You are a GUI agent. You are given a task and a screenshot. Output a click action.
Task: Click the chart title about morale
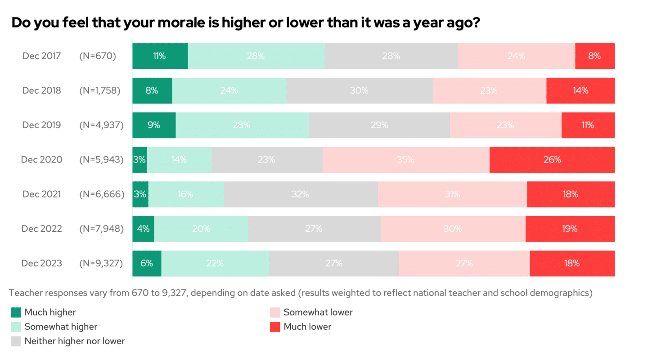pyautogui.click(x=245, y=23)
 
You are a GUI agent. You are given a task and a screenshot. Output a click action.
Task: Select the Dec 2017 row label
pyautogui.click(x=41, y=56)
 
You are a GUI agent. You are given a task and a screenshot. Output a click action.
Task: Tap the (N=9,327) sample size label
pyautogui.click(x=101, y=263)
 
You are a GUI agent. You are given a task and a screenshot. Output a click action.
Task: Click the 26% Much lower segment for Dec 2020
pyautogui.click(x=552, y=160)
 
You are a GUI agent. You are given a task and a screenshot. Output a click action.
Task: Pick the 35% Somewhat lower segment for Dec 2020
pyautogui.click(x=406, y=160)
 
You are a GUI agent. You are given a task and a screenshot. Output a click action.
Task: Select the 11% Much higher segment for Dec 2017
pyautogui.click(x=160, y=56)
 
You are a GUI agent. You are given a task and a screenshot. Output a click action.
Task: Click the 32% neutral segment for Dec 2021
pyautogui.click(x=301, y=194)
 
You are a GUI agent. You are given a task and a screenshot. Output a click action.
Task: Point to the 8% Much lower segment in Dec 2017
pyautogui.click(x=594, y=56)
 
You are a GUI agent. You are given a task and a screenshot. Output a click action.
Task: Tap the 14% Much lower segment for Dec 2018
pyautogui.click(x=580, y=90)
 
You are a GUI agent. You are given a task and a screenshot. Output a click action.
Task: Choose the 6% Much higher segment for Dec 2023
pyautogui.click(x=147, y=263)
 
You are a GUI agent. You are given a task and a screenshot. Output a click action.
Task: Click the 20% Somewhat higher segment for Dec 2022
pyautogui.click(x=201, y=229)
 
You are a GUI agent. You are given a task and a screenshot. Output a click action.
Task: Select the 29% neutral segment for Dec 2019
pyautogui.click(x=379, y=125)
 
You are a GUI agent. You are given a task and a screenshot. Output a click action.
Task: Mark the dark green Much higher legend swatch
pyautogui.click(x=16, y=312)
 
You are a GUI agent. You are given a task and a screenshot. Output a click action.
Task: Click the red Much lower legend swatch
pyautogui.click(x=275, y=327)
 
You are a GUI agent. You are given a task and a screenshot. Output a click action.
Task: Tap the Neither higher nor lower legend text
pyautogui.click(x=75, y=341)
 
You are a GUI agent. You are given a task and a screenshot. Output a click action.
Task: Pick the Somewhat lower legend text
pyautogui.click(x=318, y=312)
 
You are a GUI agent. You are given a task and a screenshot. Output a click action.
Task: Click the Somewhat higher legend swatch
pyautogui.click(x=16, y=327)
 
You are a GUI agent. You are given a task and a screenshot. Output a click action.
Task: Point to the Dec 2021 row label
pyautogui.click(x=41, y=194)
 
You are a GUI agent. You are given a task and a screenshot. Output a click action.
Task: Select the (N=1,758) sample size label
pyautogui.click(x=100, y=90)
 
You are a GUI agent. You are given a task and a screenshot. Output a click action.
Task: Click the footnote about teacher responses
pyautogui.click(x=301, y=293)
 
